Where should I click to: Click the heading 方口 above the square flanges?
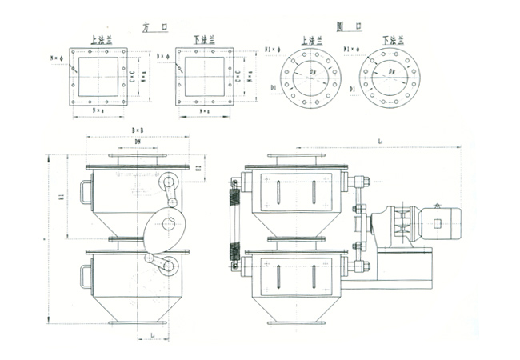(152, 26)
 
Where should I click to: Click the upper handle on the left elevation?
(86, 193)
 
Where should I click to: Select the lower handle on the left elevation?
(86, 276)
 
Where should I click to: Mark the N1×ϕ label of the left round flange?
(271, 50)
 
